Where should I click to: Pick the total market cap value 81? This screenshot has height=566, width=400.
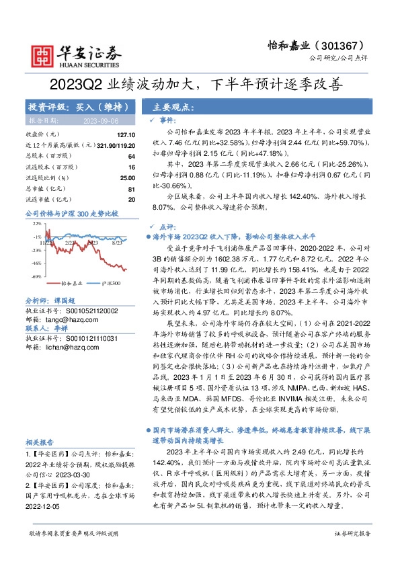[131, 189]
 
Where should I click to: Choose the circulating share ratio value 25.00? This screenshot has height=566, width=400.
[126, 178]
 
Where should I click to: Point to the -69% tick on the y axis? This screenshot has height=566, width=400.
[36, 276]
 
